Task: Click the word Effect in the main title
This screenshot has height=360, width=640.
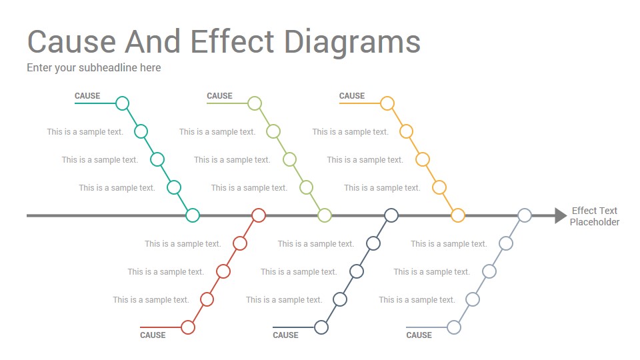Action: [232, 41]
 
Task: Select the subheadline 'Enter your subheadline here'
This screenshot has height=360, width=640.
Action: [94, 68]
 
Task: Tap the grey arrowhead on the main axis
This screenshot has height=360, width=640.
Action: [561, 215]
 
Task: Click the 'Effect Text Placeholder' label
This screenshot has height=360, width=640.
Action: [594, 216]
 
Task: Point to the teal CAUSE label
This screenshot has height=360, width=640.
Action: [87, 96]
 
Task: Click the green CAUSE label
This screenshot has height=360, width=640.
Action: [219, 96]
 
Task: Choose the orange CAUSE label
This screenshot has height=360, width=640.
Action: [352, 96]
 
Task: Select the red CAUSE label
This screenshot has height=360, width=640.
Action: [153, 335]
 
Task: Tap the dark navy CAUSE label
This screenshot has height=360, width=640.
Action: [285, 335]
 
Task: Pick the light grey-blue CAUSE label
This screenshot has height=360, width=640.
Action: [419, 335]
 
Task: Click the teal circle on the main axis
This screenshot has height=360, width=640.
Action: [193, 209]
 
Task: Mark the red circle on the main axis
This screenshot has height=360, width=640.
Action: [259, 209]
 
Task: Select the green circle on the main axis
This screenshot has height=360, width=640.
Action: [325, 209]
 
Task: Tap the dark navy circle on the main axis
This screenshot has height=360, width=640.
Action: [391, 209]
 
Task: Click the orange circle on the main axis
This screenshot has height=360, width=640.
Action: [458, 209]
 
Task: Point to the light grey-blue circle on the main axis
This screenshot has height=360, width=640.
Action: [525, 209]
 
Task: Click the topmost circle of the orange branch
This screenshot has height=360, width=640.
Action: [387, 97]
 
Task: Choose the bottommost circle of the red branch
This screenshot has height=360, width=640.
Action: [188, 321]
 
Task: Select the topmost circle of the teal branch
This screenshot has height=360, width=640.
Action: [122, 97]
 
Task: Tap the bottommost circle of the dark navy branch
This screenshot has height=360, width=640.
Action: [321, 321]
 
